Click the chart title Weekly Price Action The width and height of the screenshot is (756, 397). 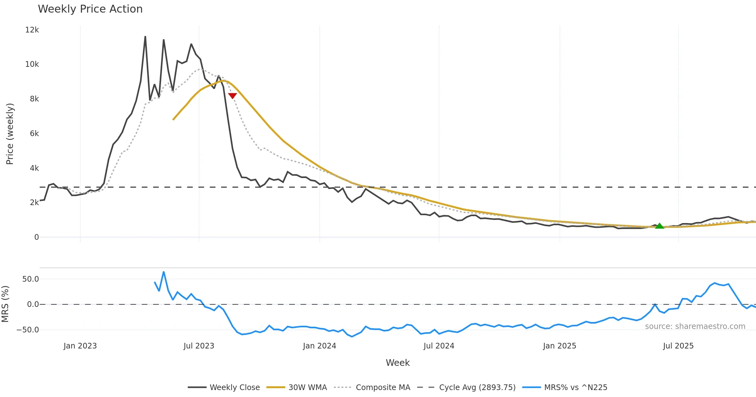(x=90, y=9)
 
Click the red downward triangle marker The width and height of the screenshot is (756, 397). (x=232, y=96)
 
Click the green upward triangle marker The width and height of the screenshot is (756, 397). (x=659, y=226)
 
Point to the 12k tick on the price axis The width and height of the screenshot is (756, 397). (x=32, y=30)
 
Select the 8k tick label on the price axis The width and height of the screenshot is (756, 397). (x=34, y=99)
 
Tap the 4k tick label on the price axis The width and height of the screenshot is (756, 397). (x=34, y=168)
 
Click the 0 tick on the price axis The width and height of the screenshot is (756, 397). (x=37, y=237)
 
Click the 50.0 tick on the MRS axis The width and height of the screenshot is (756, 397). (x=31, y=279)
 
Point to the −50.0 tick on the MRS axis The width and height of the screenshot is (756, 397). (x=28, y=330)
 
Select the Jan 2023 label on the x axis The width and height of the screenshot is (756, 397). (x=80, y=346)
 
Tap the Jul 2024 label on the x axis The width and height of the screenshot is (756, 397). (x=439, y=346)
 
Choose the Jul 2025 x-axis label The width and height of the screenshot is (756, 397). (x=678, y=346)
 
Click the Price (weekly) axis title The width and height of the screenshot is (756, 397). (x=10, y=134)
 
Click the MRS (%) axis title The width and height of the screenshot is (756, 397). (x=5, y=304)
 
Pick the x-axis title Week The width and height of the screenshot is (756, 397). (x=398, y=363)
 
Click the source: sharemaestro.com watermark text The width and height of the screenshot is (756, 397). (x=695, y=326)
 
